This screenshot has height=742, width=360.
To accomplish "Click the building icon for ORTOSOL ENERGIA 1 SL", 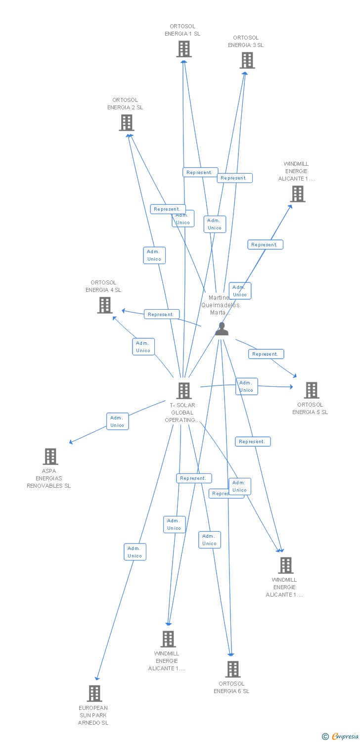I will (184, 49).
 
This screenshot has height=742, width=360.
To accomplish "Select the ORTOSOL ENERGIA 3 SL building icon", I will (247, 60).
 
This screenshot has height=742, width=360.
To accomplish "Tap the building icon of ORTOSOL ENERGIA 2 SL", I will (127, 123).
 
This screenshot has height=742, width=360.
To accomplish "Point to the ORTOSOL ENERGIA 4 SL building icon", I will (104, 305).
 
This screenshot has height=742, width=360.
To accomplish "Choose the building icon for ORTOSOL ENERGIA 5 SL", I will (311, 390).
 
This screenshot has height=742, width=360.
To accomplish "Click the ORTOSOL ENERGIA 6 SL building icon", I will (232, 669).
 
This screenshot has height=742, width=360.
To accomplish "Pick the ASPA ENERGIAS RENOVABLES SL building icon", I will (50, 457).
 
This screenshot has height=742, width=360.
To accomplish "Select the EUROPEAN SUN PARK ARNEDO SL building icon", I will (94, 694).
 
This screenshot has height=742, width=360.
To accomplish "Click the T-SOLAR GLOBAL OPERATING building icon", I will (184, 391).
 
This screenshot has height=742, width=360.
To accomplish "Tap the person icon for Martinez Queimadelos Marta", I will (222, 329).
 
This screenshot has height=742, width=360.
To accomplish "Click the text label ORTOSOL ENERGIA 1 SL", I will (182, 30).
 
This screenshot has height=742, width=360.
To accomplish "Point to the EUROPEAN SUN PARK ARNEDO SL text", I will (93, 715).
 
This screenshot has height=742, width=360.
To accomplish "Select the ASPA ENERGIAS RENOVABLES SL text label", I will (49, 478).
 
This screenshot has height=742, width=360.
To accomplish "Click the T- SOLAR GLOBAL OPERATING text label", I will (182, 413).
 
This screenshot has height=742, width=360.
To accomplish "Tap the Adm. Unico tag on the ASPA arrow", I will (118, 421).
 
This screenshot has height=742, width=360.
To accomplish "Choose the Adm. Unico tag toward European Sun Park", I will (135, 552).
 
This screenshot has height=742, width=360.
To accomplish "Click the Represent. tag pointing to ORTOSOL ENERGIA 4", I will (161, 314).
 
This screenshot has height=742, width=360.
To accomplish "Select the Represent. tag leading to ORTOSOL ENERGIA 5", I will (266, 354).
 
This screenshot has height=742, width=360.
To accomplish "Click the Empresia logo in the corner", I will (345, 737).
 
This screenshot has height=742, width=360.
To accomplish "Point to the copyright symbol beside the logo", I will (325, 737).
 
